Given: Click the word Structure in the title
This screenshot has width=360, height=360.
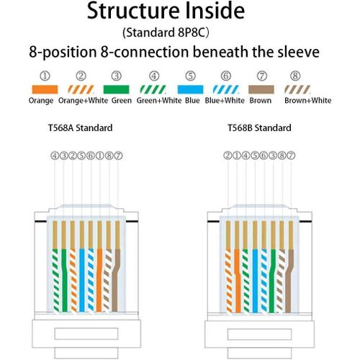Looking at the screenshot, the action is coord(133,11).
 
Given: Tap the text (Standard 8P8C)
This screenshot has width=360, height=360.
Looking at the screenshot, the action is coord(166,32).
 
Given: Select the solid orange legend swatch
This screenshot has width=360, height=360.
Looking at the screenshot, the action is coord(45,89).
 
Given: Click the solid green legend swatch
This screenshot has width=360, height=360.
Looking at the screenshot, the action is coord(116,89).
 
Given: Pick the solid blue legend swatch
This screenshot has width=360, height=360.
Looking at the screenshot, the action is coord(190,89).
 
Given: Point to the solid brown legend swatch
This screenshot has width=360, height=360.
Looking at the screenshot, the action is coord(261,89).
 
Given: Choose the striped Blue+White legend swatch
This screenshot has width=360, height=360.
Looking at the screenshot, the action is coord(226,89).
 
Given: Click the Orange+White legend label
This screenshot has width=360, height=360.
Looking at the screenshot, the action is coord(83,100).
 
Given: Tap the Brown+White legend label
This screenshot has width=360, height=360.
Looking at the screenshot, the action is coord(308,100).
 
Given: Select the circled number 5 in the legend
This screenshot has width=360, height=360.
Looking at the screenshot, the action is coord(190,76).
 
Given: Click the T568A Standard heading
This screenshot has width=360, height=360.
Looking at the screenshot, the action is coord(81,127).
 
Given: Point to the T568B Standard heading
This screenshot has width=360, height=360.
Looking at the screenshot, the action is coord(259,127).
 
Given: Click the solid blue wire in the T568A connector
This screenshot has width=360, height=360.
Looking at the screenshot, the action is coord(82,280).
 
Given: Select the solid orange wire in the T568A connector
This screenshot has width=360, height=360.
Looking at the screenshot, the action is coord(99,280).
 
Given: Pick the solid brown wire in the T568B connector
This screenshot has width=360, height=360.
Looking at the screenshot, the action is coord(289,281).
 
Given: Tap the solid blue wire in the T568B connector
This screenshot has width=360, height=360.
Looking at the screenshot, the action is coord(255,281).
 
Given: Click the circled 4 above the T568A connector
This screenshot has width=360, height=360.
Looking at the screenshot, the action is coord(55,156).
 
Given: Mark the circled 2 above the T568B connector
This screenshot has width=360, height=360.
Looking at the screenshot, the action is coord(228,156).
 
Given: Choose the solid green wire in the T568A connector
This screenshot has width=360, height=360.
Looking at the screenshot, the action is coord(64,280).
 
